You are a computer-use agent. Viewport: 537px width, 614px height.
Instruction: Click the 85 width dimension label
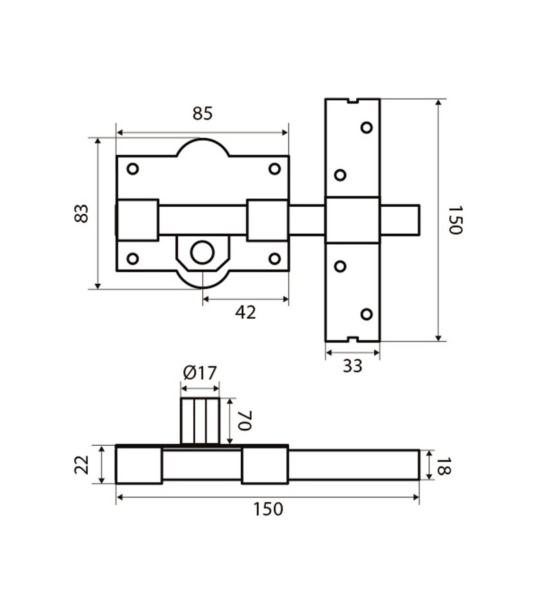[203, 113]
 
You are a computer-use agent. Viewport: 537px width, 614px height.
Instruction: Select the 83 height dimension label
[81, 213]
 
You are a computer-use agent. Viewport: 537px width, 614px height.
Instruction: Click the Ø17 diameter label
[200, 373]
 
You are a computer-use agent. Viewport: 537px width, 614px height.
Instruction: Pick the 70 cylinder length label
[244, 421]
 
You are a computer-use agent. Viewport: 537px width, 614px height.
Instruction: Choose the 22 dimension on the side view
[81, 465]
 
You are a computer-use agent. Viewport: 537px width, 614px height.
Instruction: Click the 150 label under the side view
[268, 509]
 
